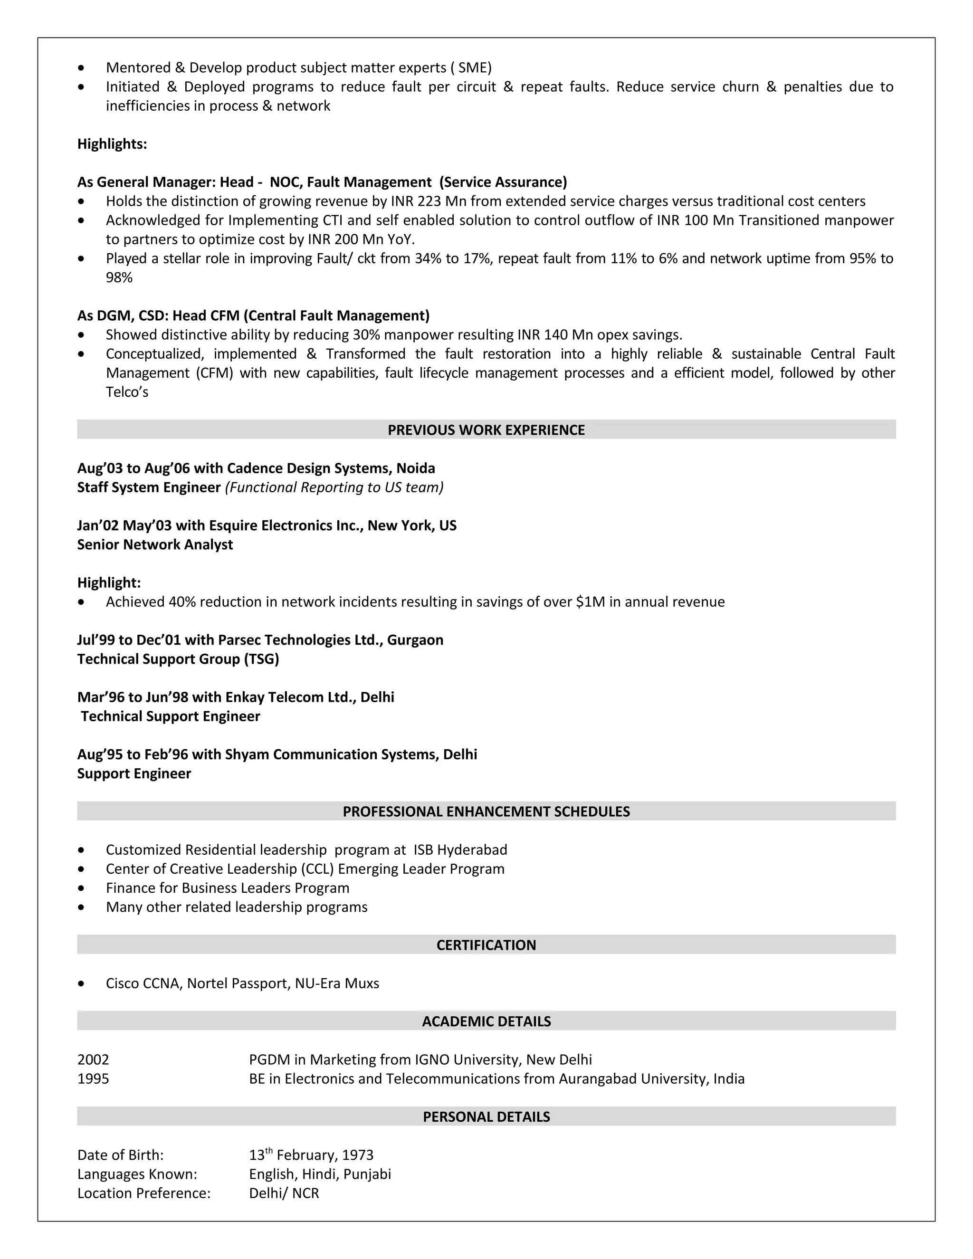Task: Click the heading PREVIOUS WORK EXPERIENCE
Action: point(486,430)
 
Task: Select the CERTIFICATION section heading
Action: point(486,945)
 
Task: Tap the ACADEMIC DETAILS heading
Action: point(486,1021)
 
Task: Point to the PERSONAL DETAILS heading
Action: point(486,1116)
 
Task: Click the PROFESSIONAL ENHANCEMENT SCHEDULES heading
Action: point(486,811)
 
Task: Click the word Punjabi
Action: point(367,1174)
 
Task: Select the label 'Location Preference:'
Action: point(143,1193)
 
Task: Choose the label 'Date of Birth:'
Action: point(121,1155)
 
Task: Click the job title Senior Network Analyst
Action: point(155,545)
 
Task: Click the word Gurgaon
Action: point(415,640)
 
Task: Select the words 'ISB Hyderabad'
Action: point(460,850)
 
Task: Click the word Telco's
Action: point(127,392)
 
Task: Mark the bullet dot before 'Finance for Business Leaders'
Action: point(81,888)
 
